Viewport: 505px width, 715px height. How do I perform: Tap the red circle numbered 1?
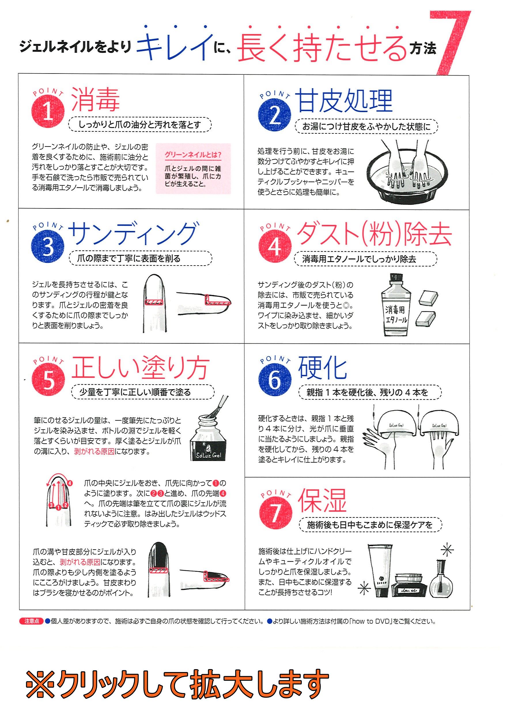tap(48, 111)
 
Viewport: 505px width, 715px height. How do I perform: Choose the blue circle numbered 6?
tap(275, 380)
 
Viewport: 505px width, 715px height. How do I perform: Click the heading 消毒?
tap(96, 99)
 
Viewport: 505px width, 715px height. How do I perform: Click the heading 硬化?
tap(322, 368)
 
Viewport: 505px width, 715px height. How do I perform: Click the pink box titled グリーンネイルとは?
tap(193, 168)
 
